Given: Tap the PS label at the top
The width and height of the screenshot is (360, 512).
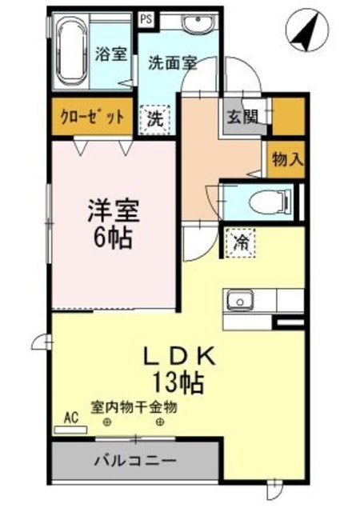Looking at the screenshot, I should [x=145, y=16].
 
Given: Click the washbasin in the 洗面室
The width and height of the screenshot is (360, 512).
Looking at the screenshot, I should [x=194, y=25].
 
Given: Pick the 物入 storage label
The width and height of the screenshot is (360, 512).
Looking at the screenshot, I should [x=286, y=158].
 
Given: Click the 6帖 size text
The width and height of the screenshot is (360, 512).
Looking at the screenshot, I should [x=113, y=237].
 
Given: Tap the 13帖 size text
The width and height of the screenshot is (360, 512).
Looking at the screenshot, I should [x=179, y=381].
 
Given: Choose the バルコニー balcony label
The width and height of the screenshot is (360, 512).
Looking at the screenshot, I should [x=134, y=461].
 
